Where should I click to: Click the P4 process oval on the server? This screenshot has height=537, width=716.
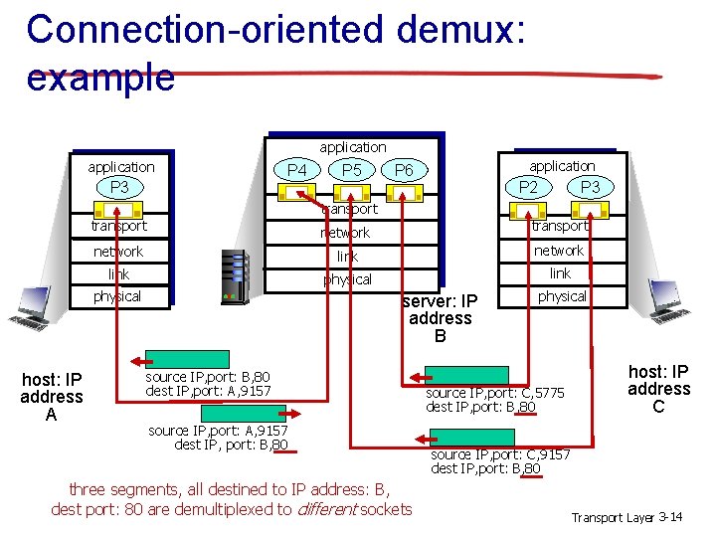tap(297, 171)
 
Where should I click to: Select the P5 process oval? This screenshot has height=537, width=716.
tap(351, 171)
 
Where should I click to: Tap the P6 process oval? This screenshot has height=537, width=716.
tap(404, 171)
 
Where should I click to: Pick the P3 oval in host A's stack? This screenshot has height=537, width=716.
tap(119, 188)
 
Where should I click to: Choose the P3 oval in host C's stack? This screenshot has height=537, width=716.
tap(590, 188)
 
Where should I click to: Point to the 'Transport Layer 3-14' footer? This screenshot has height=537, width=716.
tap(626, 517)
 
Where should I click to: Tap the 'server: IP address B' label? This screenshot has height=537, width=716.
tap(440, 318)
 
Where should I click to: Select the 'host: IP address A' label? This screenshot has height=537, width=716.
tap(52, 397)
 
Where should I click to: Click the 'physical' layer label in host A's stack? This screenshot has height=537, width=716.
tap(117, 296)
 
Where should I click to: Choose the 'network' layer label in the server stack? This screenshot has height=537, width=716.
tap(344, 233)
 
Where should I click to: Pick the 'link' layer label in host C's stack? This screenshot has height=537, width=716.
tap(560, 273)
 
